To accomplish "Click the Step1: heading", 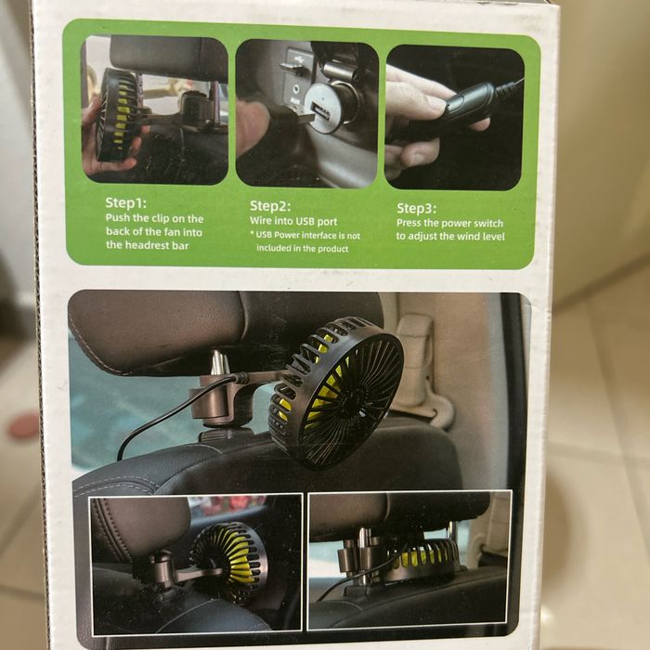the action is coord(126,202).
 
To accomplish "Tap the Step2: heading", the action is coord(270,206).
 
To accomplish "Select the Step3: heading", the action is coord(417,208).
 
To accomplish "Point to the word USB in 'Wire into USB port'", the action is coord(306,221).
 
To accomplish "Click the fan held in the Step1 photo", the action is coord(117,115).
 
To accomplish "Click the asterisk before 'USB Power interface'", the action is coord(252,234).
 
